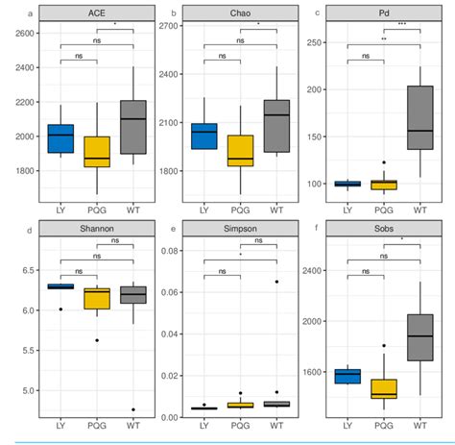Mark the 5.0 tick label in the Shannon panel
coord(25,391)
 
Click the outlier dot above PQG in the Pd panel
coord(384,163)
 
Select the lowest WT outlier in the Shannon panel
coord(133,409)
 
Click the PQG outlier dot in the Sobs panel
coord(384,345)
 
